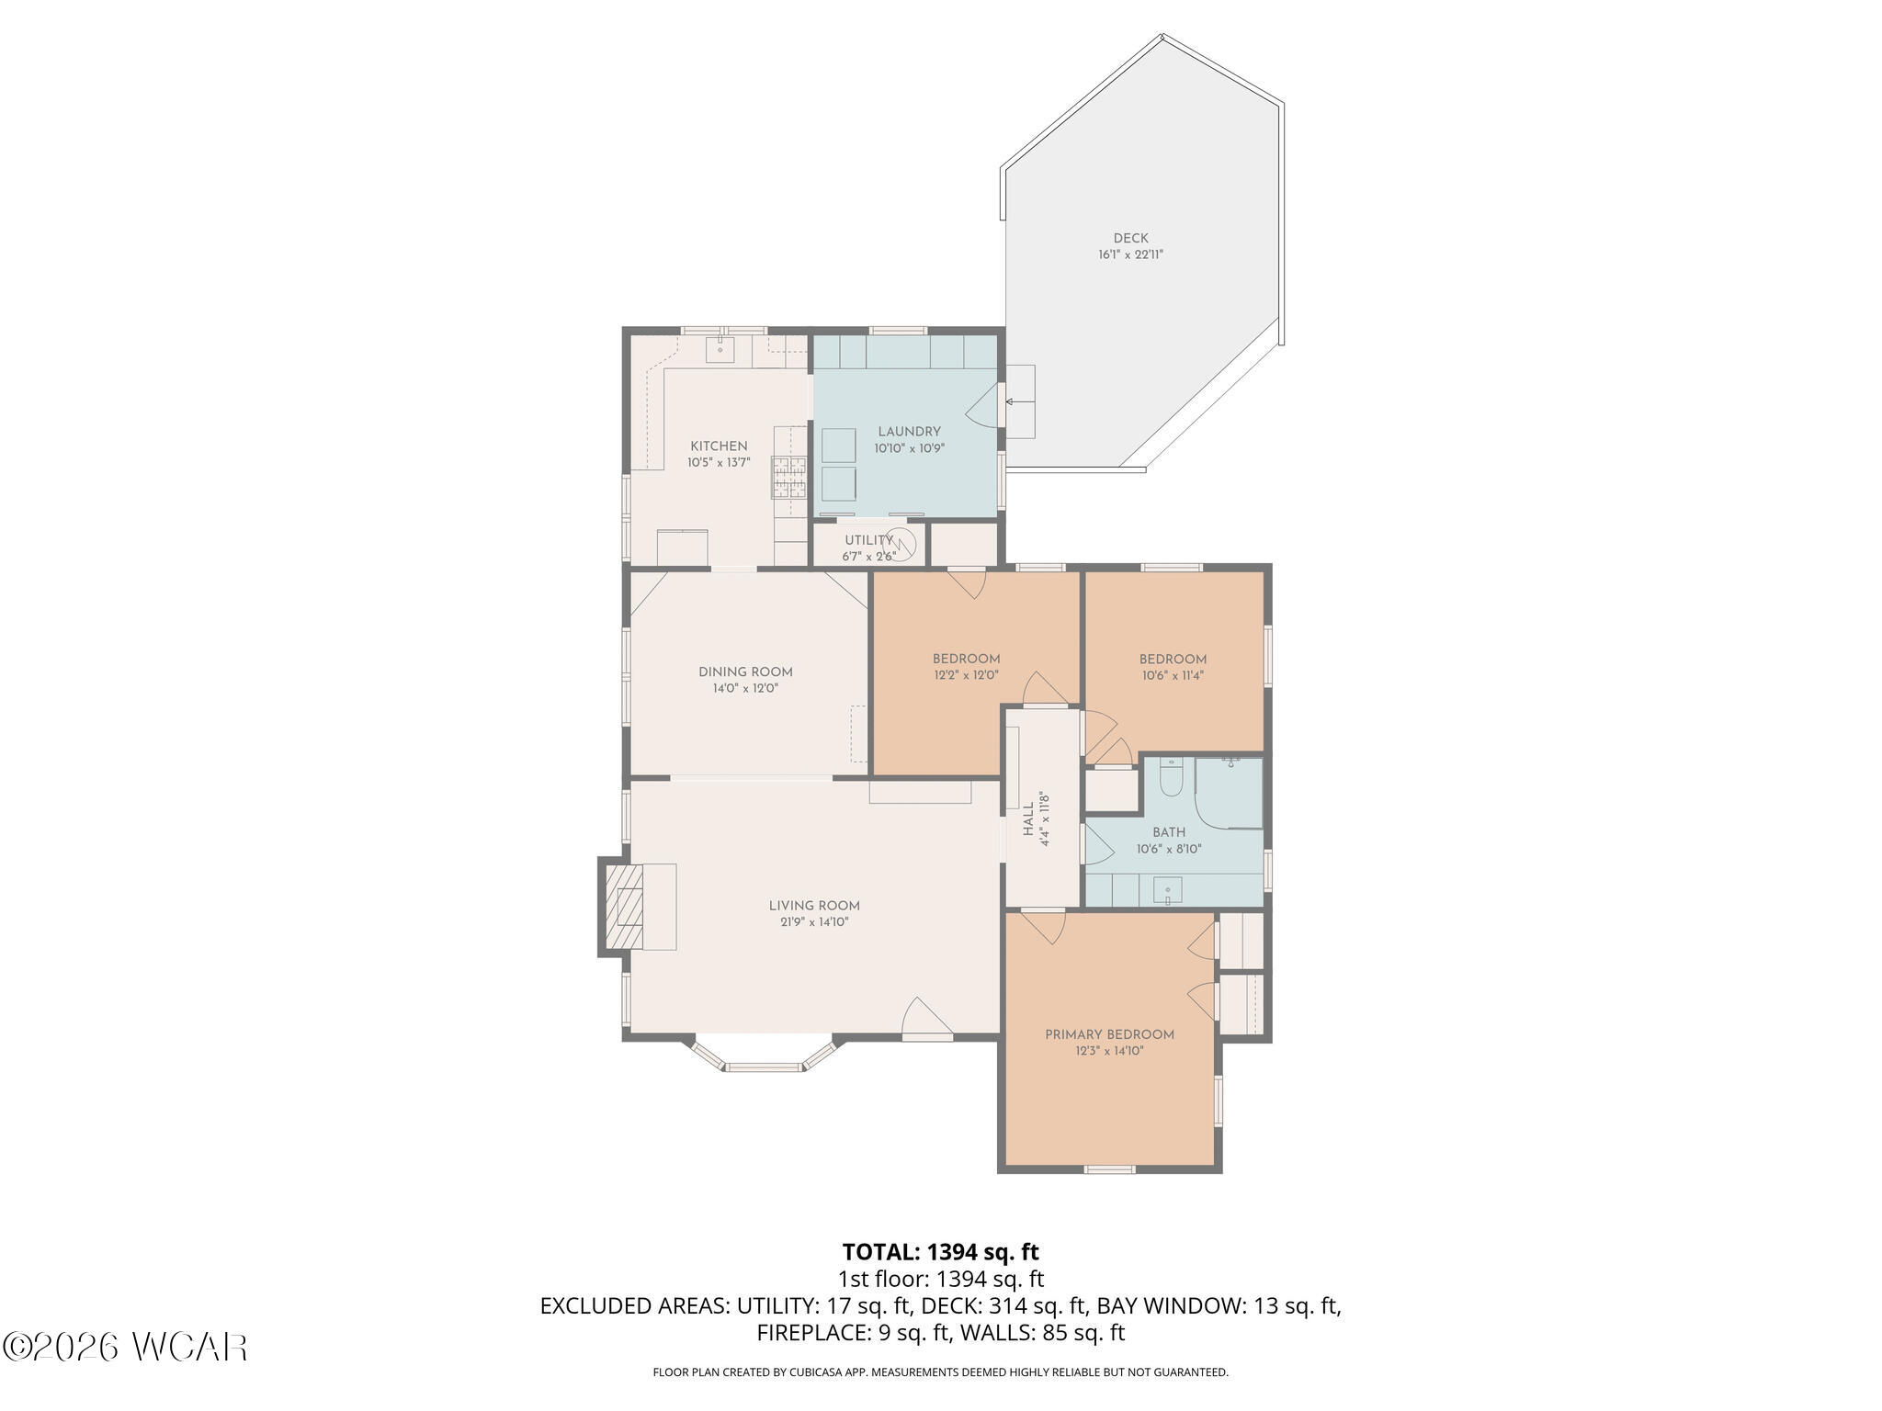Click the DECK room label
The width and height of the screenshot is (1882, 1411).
(1130, 238)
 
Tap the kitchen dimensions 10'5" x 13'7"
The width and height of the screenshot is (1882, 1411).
(719, 463)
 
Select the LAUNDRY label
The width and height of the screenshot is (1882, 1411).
(909, 432)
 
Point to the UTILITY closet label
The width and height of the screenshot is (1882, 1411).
(868, 540)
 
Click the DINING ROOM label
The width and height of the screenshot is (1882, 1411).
(745, 672)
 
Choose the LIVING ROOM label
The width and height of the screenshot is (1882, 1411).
(814, 906)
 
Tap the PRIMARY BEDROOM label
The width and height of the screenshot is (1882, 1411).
(1109, 1034)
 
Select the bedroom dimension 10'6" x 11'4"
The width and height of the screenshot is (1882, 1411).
(1173, 675)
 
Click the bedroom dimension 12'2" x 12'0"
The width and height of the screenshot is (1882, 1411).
(966, 675)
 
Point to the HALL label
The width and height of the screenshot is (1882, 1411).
(1028, 818)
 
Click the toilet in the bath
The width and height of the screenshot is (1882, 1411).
(1171, 777)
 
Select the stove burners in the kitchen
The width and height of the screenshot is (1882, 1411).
(788, 478)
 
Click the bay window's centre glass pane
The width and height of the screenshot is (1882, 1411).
(765, 1067)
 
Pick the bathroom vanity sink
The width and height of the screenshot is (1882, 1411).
(1168, 890)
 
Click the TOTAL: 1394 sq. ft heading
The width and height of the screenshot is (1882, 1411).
(940, 1252)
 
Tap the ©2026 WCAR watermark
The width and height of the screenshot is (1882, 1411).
(125, 1348)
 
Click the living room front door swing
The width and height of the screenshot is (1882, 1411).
(926, 1018)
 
